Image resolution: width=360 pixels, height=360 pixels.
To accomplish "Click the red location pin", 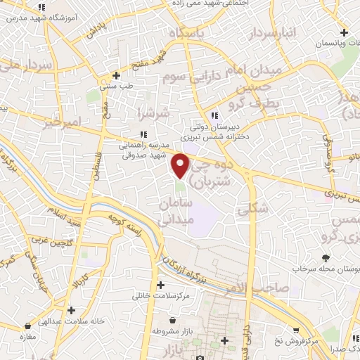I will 181,165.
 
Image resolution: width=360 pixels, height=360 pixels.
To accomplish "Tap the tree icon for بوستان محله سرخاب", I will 326,258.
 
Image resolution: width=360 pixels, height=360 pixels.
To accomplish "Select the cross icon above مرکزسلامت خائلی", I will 161,285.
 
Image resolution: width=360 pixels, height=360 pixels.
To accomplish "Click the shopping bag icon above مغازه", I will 27,326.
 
